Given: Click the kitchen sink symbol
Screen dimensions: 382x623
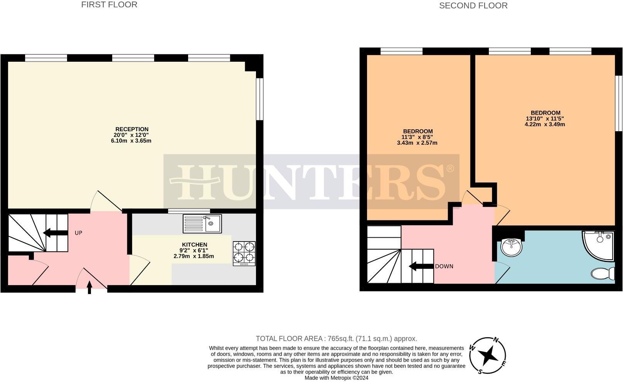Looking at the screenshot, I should (202, 224).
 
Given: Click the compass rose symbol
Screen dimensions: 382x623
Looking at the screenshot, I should (488, 355).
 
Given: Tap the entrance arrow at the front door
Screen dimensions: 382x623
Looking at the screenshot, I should (90, 287).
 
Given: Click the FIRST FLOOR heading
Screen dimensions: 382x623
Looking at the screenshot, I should (109, 5).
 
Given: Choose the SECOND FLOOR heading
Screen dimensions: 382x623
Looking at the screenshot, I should (473, 5).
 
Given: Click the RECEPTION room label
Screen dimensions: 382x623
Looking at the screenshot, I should (132, 129).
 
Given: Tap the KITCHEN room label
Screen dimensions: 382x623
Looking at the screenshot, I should (194, 245).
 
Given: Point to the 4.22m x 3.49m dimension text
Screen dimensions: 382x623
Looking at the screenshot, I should (544, 124).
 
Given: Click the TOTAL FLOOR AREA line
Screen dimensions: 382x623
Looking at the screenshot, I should (336, 339).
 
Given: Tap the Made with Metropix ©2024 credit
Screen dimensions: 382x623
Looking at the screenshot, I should (336, 378).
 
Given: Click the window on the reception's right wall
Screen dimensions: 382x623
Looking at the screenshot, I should (260, 99).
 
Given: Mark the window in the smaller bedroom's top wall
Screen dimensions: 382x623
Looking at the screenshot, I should (401, 51).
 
